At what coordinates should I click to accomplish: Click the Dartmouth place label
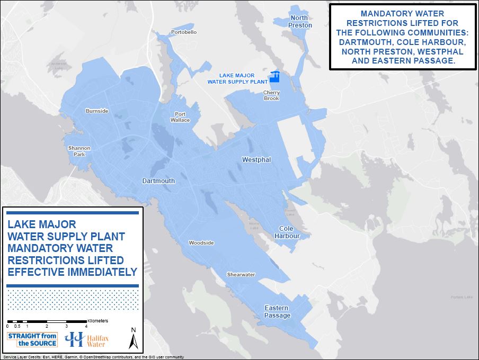(x=158, y=181)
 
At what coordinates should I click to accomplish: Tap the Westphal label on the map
(x=256, y=159)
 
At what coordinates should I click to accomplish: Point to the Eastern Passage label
(x=277, y=312)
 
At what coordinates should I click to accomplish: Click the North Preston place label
(x=300, y=22)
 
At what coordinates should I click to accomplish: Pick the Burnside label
(x=97, y=111)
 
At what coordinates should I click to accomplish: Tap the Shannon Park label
(x=79, y=151)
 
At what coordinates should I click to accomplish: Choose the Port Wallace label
(x=181, y=117)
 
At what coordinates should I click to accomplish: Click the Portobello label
(x=184, y=32)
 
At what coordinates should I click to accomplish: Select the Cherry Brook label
(x=271, y=95)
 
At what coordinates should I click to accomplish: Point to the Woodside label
(x=201, y=243)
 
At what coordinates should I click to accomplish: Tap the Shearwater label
(x=241, y=275)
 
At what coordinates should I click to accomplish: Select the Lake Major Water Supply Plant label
(x=237, y=79)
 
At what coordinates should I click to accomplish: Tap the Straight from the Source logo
(x=32, y=339)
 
